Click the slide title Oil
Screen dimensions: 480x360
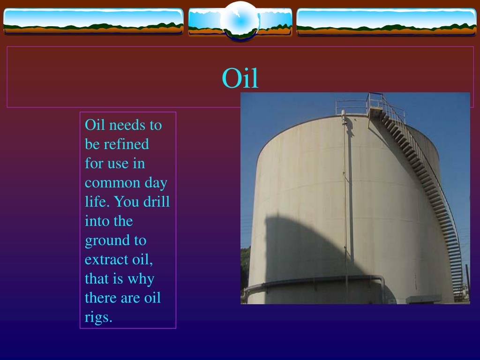[x=240, y=78]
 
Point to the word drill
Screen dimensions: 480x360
[x=157, y=202]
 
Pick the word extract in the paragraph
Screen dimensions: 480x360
[x=106, y=260]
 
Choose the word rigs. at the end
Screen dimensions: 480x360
[x=98, y=317]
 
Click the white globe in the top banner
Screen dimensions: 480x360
[x=240, y=20]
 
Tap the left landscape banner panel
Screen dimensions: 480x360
[x=93, y=21]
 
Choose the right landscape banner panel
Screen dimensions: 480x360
[x=386, y=22]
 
